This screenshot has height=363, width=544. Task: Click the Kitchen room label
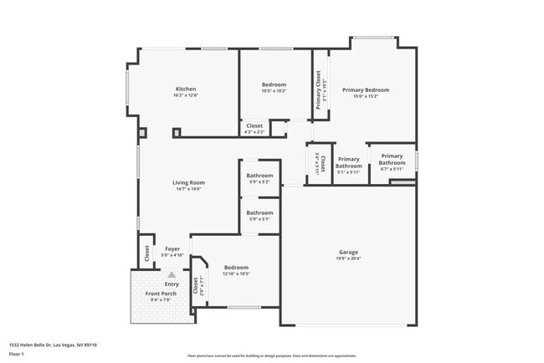tap(185, 89)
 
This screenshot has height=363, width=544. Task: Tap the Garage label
tap(348, 252)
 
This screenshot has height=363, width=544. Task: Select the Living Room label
tap(189, 182)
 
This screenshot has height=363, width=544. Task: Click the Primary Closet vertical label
tap(318, 89)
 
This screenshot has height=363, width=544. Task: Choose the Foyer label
tap(172, 248)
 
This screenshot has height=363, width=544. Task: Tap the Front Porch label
tap(160, 294)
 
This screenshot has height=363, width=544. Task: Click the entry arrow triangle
tap(172, 274)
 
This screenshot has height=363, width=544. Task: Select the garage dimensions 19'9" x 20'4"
tap(348, 258)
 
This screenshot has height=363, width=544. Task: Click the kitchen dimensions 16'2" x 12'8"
tap(185, 96)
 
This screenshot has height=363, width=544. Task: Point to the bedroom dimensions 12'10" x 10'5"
tap(236, 274)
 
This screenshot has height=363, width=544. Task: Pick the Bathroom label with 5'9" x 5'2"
tap(259, 176)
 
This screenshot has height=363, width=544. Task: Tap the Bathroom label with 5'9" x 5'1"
tap(259, 212)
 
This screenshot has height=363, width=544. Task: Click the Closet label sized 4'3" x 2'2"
tap(254, 125)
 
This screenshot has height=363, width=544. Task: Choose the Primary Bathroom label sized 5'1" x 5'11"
tap(348, 162)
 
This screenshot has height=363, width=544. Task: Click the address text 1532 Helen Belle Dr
tap(53, 344)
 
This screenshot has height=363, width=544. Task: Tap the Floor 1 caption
tap(17, 354)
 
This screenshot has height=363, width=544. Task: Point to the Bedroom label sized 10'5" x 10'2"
tap(274, 84)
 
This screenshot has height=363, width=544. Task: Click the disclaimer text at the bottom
tap(272, 355)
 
